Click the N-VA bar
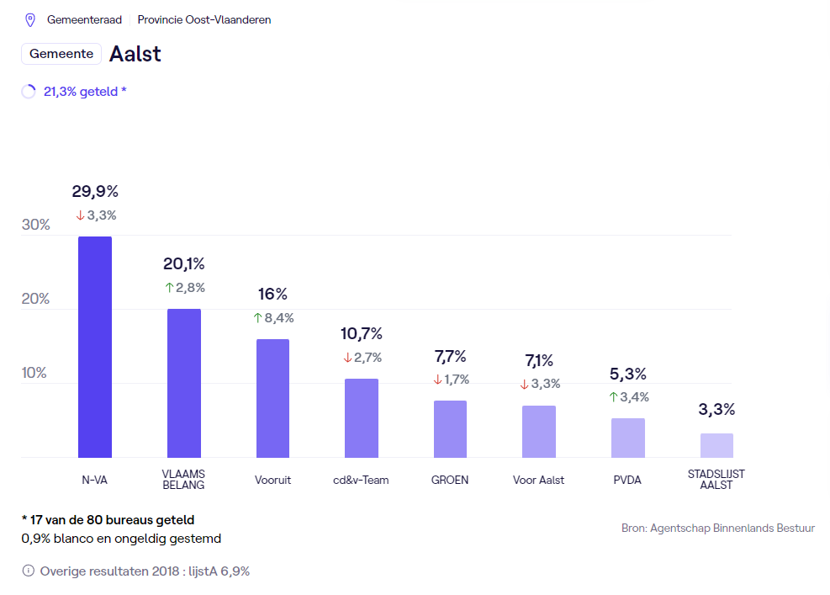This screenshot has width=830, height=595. pos(95,347)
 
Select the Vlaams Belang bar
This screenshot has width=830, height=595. pos(183,383)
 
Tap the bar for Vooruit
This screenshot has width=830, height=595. pos(272,398)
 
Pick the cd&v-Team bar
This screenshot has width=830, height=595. pos(362,417)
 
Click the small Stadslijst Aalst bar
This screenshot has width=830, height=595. pos(716,445)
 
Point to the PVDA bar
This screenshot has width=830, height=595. pos(628,438)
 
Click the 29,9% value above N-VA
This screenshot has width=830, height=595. pos(95,191)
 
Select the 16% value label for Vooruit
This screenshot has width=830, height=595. pos(272,294)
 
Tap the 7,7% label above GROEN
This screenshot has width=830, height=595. pos(451,356)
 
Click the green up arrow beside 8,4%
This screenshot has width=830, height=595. pos(258,318)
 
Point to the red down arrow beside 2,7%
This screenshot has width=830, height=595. pos(347,358)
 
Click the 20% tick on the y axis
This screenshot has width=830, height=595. pos(35,299)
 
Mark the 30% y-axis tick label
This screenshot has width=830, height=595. pos(35,225)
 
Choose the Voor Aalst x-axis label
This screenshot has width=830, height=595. pos(538,480)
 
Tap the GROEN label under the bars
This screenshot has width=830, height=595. pos(450,480)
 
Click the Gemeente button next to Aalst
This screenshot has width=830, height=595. pos(61,54)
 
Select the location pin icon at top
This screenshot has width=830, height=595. pos(31,19)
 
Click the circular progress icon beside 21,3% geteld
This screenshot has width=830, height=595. pos(29,92)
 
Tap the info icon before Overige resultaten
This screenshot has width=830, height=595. pos(29,571)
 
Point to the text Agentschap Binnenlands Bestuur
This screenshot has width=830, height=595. pos(732,529)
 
